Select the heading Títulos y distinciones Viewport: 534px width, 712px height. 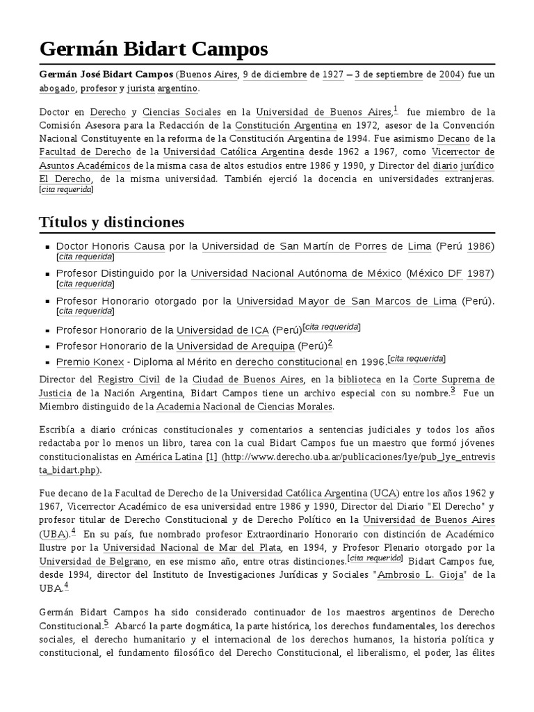pos(111,222)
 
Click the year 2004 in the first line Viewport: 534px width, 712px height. pos(449,75)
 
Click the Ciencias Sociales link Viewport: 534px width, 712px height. pos(181,112)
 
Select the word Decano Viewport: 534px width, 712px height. pos(456,138)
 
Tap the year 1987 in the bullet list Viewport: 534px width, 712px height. pos(479,273)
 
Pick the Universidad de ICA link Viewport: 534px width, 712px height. pos(222,329)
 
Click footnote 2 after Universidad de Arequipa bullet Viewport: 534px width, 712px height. pos(330,343)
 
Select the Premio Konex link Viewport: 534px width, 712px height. pos(90,362)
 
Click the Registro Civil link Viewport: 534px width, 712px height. pos(126,380)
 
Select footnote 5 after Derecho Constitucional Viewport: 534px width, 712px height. pos(106,623)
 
